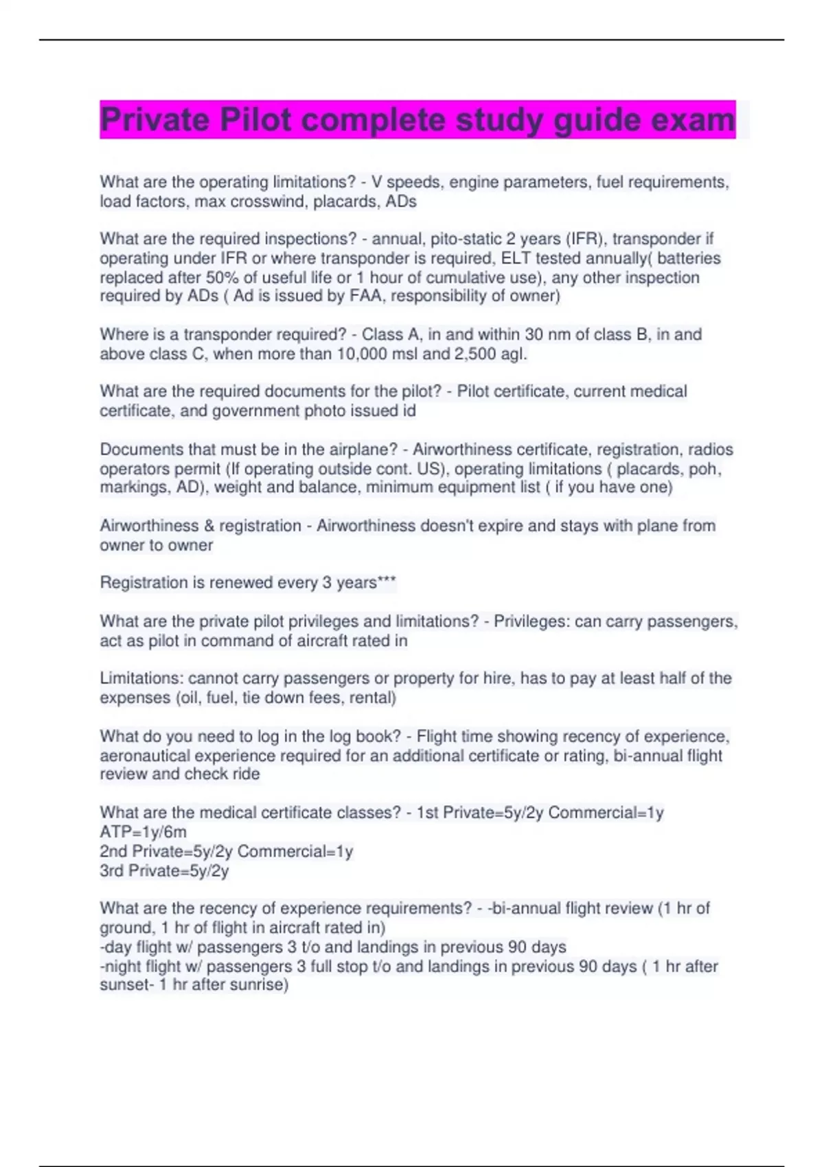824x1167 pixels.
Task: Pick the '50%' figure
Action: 221,277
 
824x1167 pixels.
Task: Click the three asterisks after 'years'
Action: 387,583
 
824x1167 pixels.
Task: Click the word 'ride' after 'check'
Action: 246,774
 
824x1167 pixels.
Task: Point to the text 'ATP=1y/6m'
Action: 143,832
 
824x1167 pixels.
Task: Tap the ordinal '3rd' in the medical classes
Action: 111,871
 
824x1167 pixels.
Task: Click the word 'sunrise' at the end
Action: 256,985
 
